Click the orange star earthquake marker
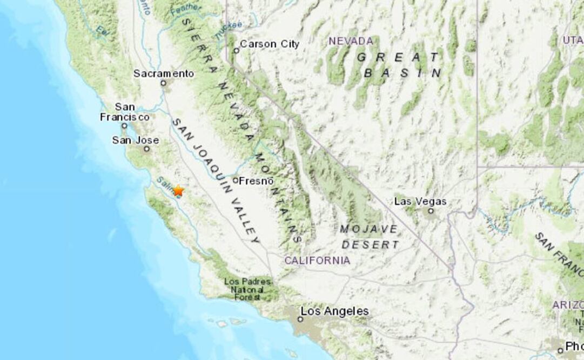point(178,190)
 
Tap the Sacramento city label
point(163,74)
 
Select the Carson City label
point(269,44)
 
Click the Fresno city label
point(257,181)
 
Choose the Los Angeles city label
point(334,311)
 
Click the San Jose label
point(136,141)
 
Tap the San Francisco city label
point(125,112)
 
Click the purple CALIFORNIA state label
point(317,261)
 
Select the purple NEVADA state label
point(351,41)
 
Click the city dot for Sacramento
point(163,83)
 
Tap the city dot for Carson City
point(236,51)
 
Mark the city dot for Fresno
point(236,180)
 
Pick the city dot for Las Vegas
point(431,211)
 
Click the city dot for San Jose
point(146,149)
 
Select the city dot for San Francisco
point(124,126)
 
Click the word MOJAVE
point(369,229)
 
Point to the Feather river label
point(185,8)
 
